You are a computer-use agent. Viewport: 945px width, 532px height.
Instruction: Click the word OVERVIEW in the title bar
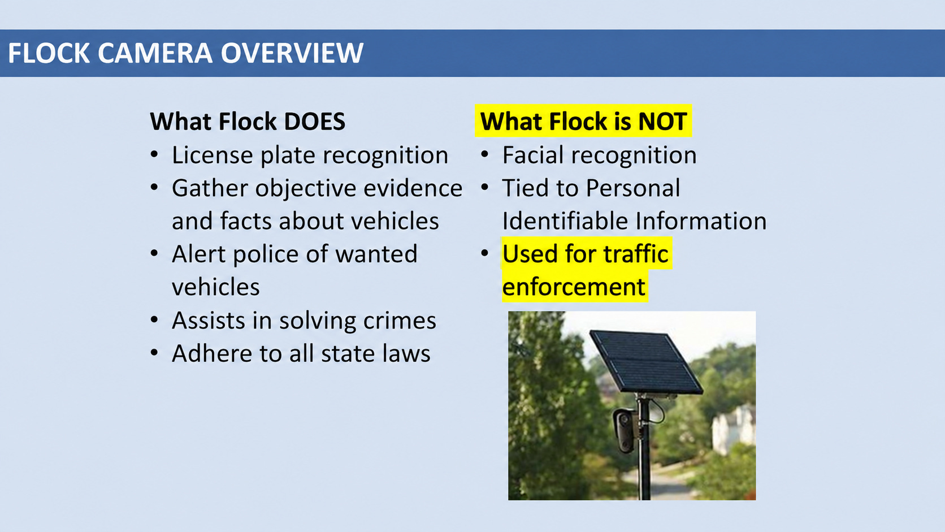click(x=292, y=53)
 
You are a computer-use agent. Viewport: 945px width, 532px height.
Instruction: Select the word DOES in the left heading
click(x=315, y=122)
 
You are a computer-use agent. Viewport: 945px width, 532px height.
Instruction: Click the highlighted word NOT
click(x=662, y=122)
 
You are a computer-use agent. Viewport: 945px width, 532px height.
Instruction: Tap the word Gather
click(x=210, y=188)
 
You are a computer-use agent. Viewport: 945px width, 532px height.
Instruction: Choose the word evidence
click(x=413, y=188)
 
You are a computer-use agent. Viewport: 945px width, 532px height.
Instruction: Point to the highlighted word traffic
click(x=636, y=254)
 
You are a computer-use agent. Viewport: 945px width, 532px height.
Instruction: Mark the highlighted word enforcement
click(x=574, y=287)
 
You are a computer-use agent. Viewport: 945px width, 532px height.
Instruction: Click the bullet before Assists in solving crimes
click(x=154, y=319)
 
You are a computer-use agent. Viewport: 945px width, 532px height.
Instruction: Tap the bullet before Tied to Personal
click(x=485, y=187)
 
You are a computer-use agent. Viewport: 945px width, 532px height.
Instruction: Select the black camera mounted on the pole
click(x=625, y=430)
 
